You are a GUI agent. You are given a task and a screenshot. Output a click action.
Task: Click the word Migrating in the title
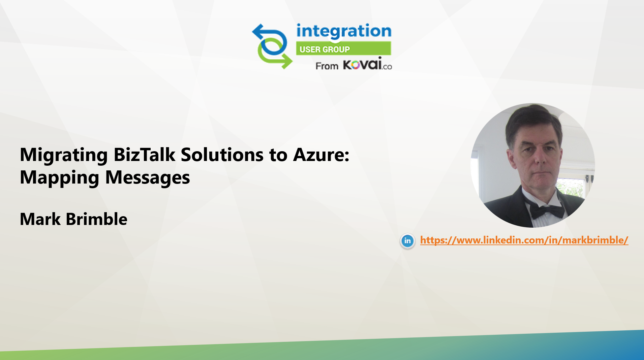pos(64,155)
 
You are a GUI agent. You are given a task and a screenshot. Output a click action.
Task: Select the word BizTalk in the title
pos(144,155)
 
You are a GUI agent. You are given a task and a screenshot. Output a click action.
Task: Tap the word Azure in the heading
pos(321,155)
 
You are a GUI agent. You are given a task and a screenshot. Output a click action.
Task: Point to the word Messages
pos(148,177)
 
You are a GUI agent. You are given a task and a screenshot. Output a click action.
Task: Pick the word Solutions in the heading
pos(222,155)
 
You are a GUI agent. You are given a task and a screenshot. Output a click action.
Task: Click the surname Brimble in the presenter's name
pos(97,219)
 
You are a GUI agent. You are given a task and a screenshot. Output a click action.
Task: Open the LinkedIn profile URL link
pos(524,240)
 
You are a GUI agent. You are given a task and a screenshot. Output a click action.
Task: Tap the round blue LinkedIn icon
pos(407,241)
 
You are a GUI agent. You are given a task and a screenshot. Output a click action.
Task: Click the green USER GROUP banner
pos(343,48)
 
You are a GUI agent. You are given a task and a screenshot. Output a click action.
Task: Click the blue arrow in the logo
pos(270,39)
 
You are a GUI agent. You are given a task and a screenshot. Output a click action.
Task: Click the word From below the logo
pos(327,66)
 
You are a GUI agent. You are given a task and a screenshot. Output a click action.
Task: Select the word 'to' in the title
pos(278,155)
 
